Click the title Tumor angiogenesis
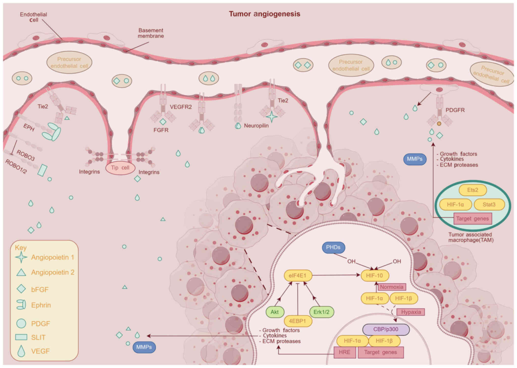pyautogui.click(x=264, y=14)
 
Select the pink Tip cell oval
pyautogui.click(x=120, y=168)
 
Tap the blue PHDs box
pyautogui.click(x=333, y=247)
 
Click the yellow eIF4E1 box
pyautogui.click(x=298, y=275)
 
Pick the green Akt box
pyautogui.click(x=275, y=312)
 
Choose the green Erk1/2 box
pyautogui.click(x=322, y=312)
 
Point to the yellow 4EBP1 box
pyautogui.click(x=298, y=321)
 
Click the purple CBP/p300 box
pyautogui.click(x=386, y=329)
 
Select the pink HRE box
pyautogui.click(x=345, y=352)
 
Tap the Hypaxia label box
pyautogui.click(x=411, y=312)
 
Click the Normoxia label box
pyautogui.click(x=392, y=287)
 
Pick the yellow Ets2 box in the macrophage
pyautogui.click(x=473, y=190)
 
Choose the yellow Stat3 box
pyautogui.click(x=489, y=205)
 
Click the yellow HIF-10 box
pyautogui.click(x=375, y=275)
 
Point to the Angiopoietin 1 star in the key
pyautogui.click(x=21, y=257)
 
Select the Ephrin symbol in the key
pyautogui.click(x=21, y=305)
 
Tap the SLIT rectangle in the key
pyautogui.click(x=21, y=337)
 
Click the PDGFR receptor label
pyautogui.click(x=455, y=110)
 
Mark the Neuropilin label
pyautogui.click(x=256, y=126)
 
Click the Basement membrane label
pyautogui.click(x=151, y=33)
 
